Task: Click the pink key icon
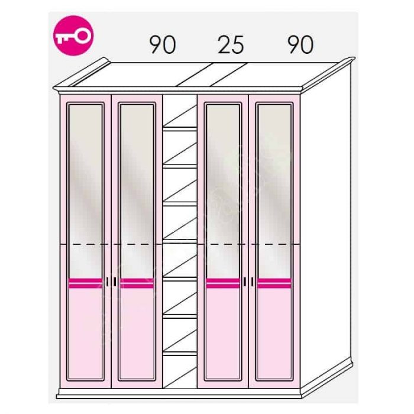coord(73,35)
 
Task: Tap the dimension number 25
coord(231,45)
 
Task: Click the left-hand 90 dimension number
coord(163,45)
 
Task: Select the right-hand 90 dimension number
coord(300,45)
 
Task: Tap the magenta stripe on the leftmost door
coord(86,283)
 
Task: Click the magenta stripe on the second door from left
coord(137,283)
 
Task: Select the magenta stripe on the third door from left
coord(223,283)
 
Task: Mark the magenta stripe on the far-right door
coord(274,283)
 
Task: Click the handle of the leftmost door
coord(108,282)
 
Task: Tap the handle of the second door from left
coord(115,282)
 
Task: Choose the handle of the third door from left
coord(245,282)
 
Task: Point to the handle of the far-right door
coord(252,282)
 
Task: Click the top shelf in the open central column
coord(180,129)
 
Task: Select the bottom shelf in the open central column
coord(180,354)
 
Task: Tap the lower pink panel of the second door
coord(137,334)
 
